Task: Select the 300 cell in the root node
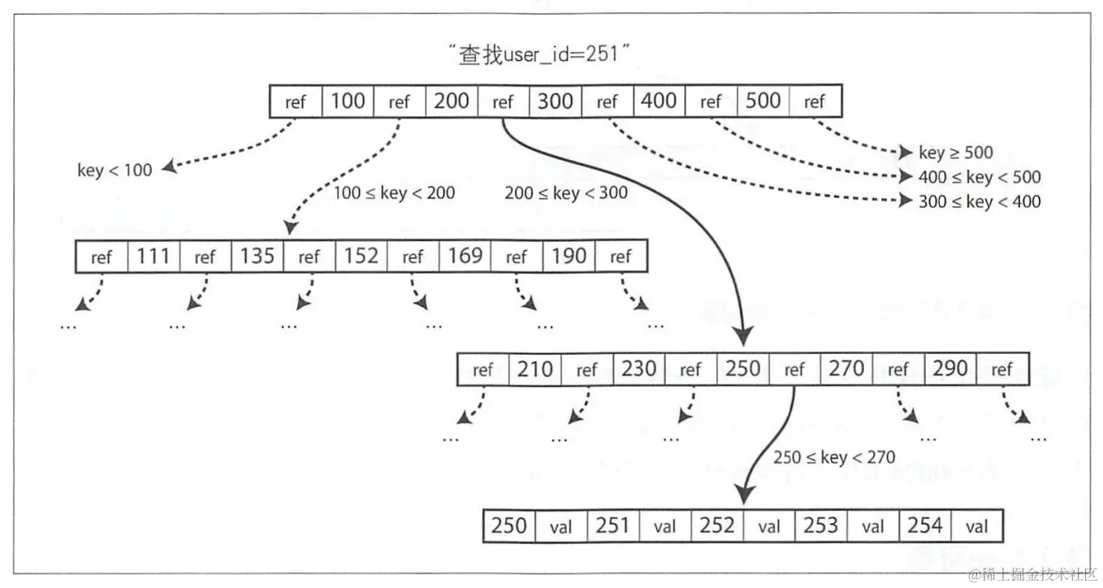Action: point(556,102)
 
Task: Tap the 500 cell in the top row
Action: point(763,102)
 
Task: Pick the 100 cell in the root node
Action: point(348,102)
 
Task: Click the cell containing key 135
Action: point(257,257)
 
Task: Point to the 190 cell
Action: point(569,257)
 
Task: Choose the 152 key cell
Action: point(361,257)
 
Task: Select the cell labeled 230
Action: point(638,370)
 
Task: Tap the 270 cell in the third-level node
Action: point(846,370)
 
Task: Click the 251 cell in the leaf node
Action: point(612,526)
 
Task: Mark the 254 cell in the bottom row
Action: point(924,526)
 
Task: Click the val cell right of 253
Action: point(872,527)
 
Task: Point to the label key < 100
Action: point(115,171)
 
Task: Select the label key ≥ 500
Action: point(956,153)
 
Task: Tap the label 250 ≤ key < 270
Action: point(834,458)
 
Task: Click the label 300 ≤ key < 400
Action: point(980,201)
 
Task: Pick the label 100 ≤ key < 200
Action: point(394,193)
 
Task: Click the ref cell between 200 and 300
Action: point(504,102)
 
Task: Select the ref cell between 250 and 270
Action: point(794,370)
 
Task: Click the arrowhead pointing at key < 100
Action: point(168,168)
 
